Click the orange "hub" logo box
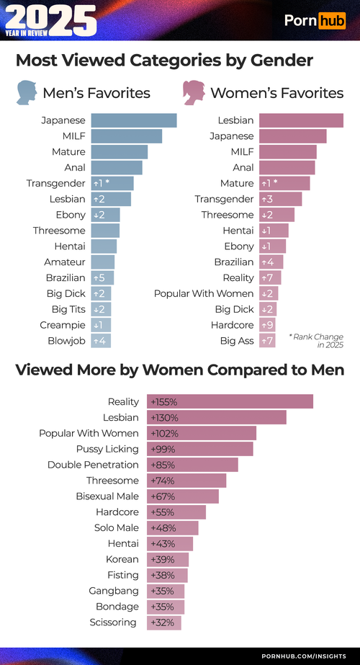(332, 21)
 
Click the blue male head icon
(27, 92)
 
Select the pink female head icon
(193, 92)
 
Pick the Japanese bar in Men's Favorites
(134, 120)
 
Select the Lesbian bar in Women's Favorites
(301, 120)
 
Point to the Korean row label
(122, 559)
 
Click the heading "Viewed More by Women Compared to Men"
(179, 370)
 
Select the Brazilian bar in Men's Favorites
(102, 277)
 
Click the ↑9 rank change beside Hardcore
(267, 325)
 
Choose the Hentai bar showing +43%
(170, 543)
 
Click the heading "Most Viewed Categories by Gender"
(164, 60)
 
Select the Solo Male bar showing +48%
(172, 527)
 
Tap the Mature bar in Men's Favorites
(120, 152)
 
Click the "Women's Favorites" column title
(276, 93)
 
